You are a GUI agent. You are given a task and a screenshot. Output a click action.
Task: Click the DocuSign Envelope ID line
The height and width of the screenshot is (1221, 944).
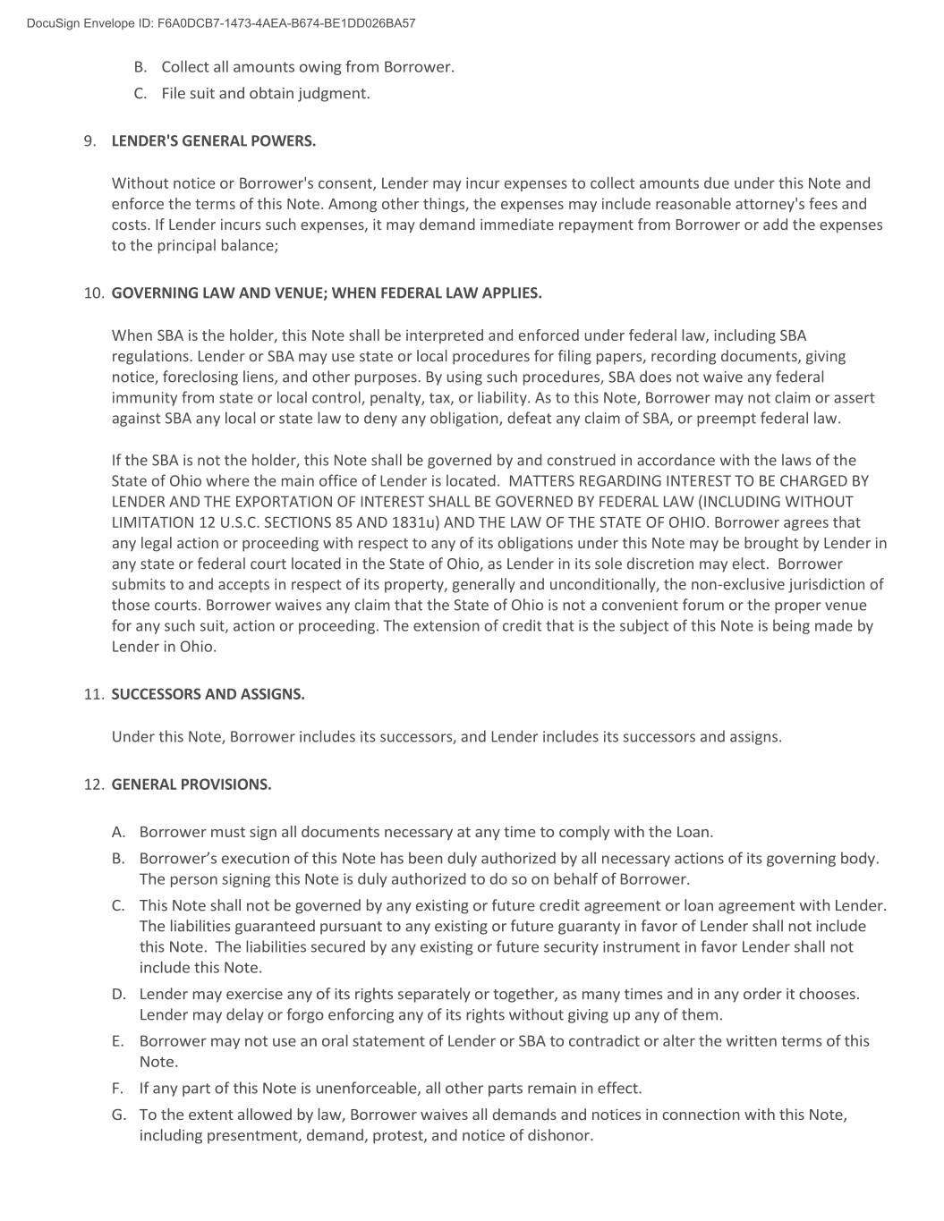point(221,23)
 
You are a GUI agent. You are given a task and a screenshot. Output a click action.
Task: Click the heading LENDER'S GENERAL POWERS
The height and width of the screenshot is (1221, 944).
point(213,141)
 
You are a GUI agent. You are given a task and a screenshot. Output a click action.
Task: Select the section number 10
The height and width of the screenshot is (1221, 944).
point(94,293)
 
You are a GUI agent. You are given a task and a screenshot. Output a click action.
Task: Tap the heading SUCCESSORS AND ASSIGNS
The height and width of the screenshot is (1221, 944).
point(208,694)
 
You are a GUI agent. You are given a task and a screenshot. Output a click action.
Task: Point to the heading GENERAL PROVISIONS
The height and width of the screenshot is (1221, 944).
point(191,784)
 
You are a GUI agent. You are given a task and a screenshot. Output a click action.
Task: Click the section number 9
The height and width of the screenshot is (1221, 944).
point(89,141)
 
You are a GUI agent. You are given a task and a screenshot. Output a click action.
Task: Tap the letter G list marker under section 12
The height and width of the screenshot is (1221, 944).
point(118,1115)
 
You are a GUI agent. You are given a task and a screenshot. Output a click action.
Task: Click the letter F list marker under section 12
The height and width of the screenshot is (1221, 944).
point(117,1089)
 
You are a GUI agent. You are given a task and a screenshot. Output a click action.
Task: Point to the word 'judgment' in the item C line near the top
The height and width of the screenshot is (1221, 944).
point(333,94)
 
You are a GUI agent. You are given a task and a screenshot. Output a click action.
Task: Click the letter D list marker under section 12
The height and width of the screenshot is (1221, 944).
point(118,995)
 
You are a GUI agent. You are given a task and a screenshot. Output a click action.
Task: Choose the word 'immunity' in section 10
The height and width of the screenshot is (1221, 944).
point(141,398)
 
